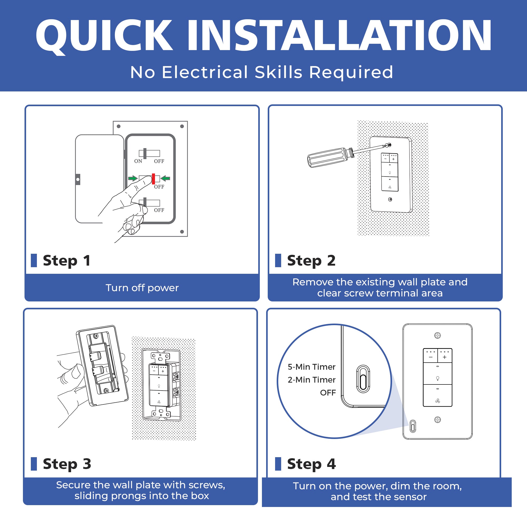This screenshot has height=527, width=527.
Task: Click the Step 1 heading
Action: click(x=67, y=261)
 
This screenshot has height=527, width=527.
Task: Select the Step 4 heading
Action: click(x=311, y=464)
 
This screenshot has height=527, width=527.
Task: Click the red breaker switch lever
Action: click(x=153, y=179)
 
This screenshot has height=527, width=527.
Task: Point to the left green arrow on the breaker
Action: click(x=133, y=178)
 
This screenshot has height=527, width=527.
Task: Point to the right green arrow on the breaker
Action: click(x=165, y=178)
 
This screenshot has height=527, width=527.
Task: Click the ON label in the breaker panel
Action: click(x=138, y=161)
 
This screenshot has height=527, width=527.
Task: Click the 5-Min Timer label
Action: click(x=311, y=367)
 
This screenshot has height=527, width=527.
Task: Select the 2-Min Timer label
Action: click(x=311, y=380)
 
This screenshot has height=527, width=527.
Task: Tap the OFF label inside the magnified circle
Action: click(x=328, y=393)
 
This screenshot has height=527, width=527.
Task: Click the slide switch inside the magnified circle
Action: click(x=363, y=379)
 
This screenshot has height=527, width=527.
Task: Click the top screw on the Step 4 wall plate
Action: click(x=437, y=335)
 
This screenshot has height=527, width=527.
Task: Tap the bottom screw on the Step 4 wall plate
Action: click(x=437, y=419)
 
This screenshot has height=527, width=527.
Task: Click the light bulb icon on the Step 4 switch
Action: click(x=437, y=378)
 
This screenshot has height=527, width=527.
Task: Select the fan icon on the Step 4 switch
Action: click(x=437, y=401)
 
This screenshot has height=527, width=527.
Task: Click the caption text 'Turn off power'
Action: click(x=142, y=288)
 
